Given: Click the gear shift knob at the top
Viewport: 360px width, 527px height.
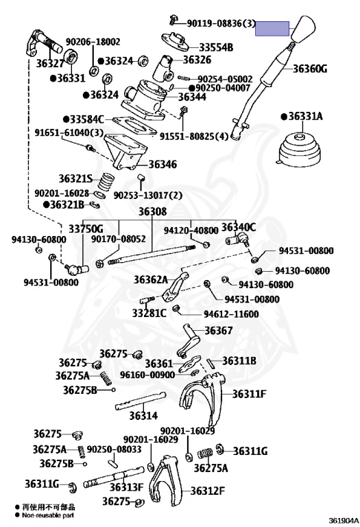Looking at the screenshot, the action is pos(304,28).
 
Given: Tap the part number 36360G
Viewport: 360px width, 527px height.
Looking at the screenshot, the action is pos(310,69).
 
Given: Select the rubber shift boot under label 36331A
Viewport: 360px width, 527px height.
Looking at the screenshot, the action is pos(300,150).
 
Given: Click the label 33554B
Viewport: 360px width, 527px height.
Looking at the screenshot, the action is pos(216,47).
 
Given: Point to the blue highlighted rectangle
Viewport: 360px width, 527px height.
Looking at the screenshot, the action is pos(272,29).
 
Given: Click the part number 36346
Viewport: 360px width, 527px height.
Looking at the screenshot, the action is pos(163,165).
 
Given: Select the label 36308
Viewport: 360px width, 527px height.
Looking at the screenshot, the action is pos(152,211).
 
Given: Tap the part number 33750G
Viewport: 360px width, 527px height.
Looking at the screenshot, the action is pos(86,229).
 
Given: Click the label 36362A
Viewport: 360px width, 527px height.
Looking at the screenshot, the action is pos(150,280).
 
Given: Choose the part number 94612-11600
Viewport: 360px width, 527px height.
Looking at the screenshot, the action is pos(231,314).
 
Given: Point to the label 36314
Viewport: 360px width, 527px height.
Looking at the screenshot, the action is pos(143,416).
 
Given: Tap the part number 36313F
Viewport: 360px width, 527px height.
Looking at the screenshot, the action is pos(126,487).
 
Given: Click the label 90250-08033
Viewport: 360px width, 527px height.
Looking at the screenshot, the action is pos(115,449).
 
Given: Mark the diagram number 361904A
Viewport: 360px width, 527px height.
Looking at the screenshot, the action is pos(344,522).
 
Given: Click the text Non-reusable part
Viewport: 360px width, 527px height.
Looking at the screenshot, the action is pos(48,515).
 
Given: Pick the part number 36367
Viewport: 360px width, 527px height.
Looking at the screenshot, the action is pos(219,331).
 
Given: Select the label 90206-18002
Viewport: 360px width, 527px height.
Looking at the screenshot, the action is pos(93,42).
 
